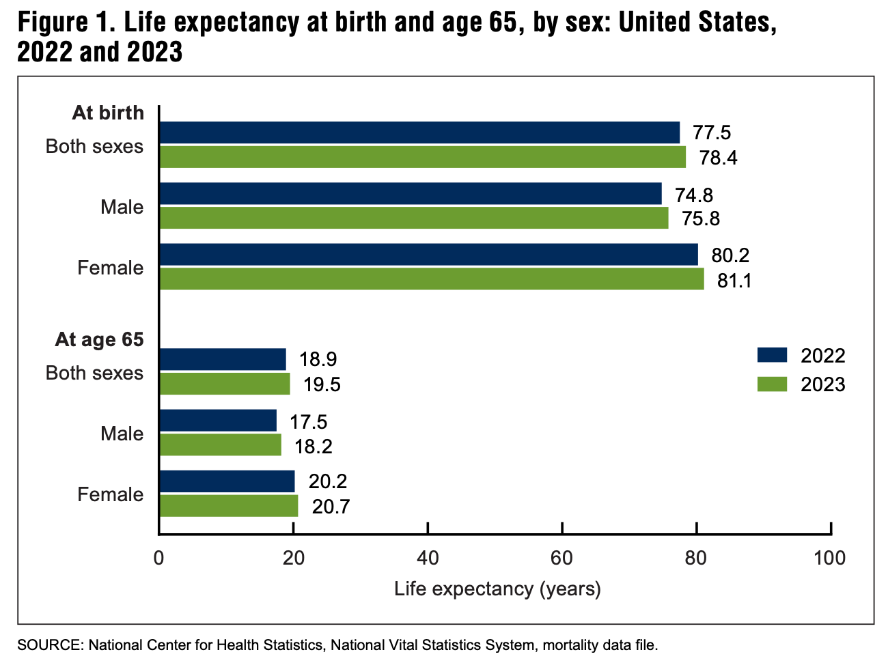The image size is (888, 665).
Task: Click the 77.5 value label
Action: pos(712,133)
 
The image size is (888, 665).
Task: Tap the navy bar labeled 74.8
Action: pos(410,194)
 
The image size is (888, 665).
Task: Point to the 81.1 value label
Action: pos(734,280)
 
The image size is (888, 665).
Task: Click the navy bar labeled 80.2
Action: pos(428,255)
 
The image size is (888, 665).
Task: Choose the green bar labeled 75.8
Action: pos(413,218)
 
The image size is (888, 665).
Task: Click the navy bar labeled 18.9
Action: pos(223,359)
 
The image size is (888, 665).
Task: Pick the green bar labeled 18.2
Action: pos(220,445)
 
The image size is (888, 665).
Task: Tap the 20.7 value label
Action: pos(331,507)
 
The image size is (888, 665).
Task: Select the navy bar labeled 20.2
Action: pos(227,481)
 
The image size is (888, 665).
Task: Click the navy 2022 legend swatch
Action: pos(772,355)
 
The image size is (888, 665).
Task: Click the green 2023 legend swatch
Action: pos(772,384)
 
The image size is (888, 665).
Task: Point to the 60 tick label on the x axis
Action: pos(561,558)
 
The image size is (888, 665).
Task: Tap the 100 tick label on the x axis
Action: pos(830,558)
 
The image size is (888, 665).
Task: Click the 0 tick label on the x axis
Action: pos(159,558)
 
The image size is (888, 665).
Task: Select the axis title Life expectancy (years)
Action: pos(497,589)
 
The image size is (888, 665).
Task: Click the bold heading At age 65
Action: pos(100,339)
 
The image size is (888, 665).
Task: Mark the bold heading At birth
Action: pos(108,113)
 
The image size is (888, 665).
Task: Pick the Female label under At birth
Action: pos(111,268)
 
